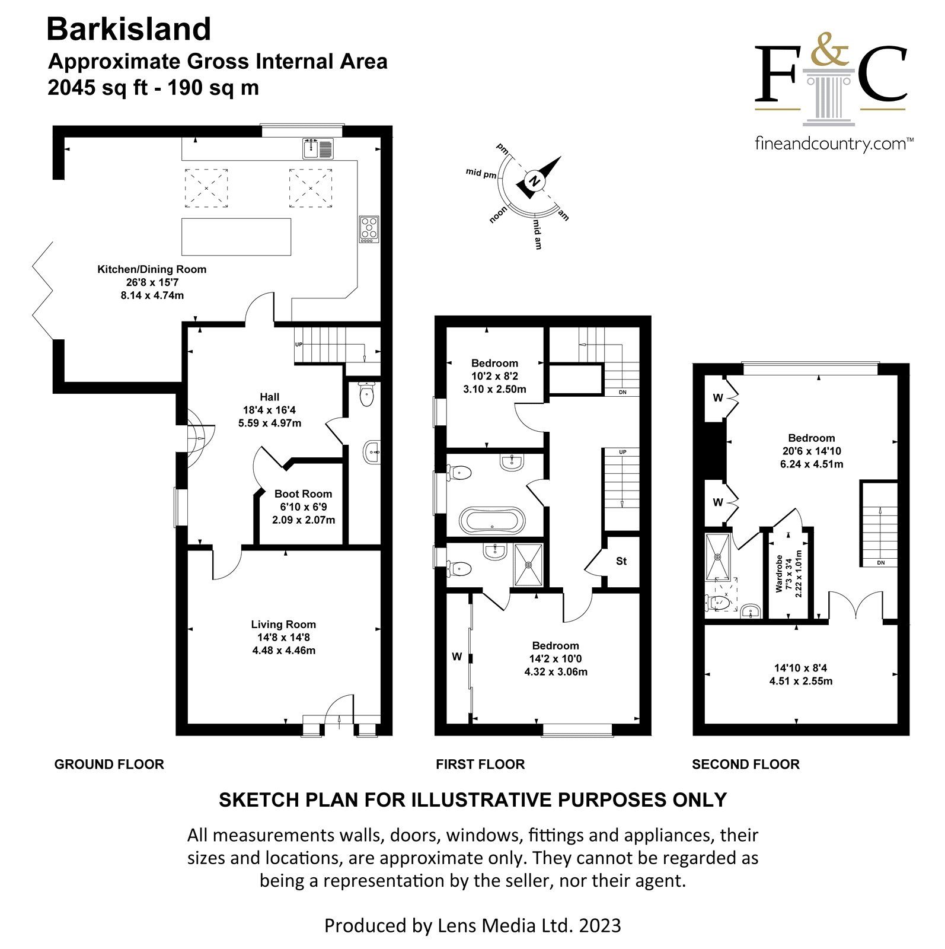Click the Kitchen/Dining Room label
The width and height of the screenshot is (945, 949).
(152, 269)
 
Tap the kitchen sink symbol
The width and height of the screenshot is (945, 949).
(319, 148)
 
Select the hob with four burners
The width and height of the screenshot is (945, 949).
(369, 228)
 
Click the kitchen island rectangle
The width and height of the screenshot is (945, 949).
(236, 237)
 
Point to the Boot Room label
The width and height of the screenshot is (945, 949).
(303, 494)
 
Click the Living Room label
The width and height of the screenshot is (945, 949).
(283, 625)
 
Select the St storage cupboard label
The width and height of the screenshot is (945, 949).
(621, 561)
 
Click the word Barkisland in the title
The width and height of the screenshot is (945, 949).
(129, 29)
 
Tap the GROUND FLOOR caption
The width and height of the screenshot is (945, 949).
(109, 765)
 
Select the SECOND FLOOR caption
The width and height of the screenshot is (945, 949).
(745, 765)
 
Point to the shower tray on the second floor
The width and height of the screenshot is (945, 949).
(719, 556)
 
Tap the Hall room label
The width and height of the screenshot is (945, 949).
(269, 397)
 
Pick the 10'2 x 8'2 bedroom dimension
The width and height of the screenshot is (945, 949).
(494, 376)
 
